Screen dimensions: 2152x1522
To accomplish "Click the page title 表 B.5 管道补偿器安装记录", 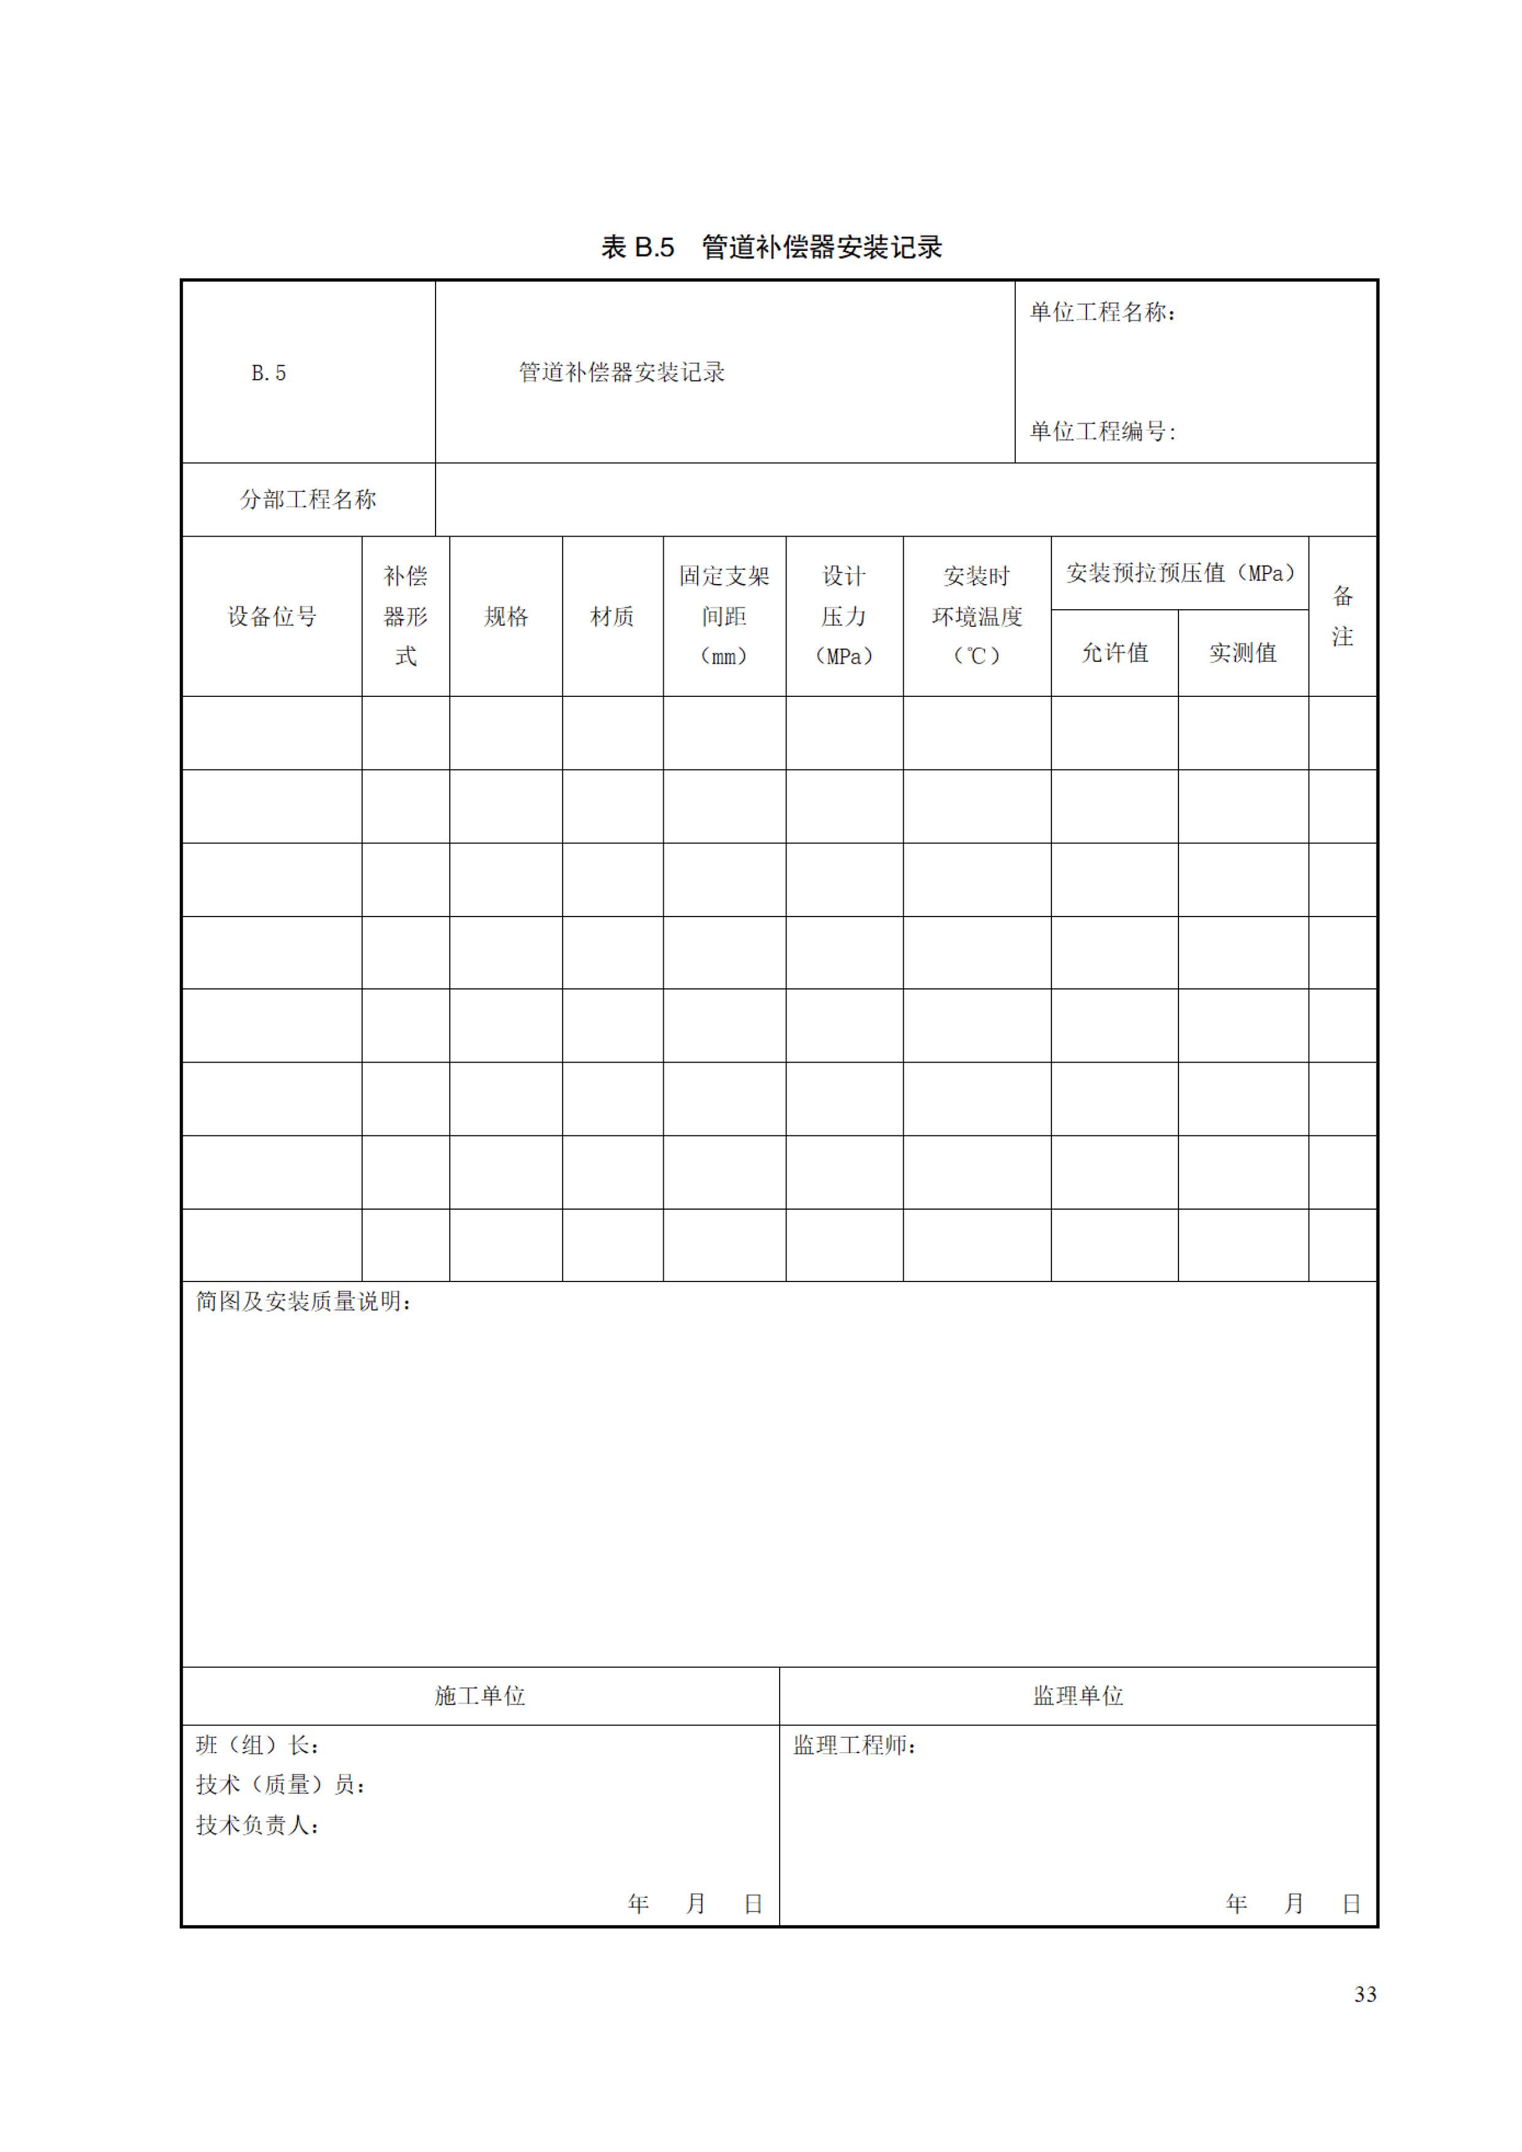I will (771, 247).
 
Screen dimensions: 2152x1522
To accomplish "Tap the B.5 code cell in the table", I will (269, 373).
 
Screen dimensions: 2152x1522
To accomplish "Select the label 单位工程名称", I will (1102, 312).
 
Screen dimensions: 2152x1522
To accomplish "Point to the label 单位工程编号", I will (1102, 431).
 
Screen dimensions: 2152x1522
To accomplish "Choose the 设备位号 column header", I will (272, 617).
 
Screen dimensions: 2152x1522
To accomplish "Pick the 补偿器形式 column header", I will (405, 616).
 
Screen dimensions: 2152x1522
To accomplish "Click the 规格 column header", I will (506, 617).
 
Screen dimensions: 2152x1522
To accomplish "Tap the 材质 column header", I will (612, 617).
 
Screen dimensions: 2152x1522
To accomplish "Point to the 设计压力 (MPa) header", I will (844, 616).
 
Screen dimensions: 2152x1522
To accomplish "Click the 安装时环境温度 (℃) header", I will (977, 616).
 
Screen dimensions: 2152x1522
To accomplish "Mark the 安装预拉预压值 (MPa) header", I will (1180, 573).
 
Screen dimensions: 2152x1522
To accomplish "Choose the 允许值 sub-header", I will (1114, 652).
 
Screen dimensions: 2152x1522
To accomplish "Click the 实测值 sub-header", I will (1243, 652).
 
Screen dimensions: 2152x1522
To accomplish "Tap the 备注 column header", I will (1342, 616).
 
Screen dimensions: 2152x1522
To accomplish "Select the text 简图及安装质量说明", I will (302, 1302).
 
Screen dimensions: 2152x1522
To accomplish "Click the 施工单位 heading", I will (480, 1696).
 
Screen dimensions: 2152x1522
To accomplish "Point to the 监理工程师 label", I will (854, 1745).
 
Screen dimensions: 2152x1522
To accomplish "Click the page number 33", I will (1364, 1994).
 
